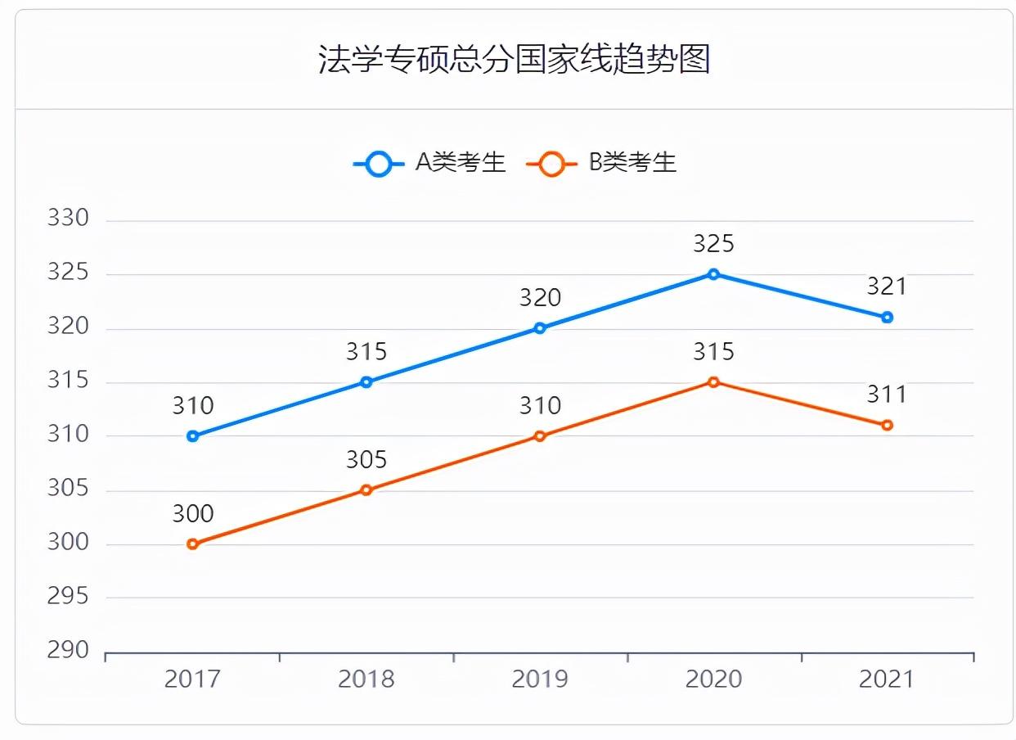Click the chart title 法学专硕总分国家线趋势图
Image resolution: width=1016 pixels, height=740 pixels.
(514, 60)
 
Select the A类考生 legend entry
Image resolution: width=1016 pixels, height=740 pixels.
(431, 163)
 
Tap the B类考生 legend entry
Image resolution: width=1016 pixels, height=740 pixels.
(602, 163)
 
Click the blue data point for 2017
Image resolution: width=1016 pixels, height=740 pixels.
(193, 436)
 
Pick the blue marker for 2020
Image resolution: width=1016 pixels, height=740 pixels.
(713, 274)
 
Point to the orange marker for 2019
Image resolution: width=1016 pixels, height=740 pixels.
(540, 436)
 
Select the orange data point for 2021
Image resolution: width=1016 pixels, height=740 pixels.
(887, 426)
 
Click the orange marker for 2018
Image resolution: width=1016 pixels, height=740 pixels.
(366, 490)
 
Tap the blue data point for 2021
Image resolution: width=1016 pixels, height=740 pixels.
(887, 318)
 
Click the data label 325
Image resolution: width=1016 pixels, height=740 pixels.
(713, 244)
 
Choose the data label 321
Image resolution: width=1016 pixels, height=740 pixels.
(887, 287)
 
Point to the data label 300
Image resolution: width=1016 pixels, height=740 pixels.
(193, 514)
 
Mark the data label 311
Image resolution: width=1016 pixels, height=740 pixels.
(887, 395)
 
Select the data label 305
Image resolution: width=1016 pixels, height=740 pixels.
(366, 460)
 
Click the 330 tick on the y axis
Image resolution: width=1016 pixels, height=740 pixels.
(68, 219)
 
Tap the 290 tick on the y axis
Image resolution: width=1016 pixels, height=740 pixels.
(68, 651)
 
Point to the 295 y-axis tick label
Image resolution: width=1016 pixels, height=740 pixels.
(68, 597)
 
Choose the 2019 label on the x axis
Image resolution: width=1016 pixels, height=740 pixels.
(540, 679)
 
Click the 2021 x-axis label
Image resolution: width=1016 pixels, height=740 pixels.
(887, 679)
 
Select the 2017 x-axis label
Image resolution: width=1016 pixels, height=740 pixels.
(193, 679)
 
